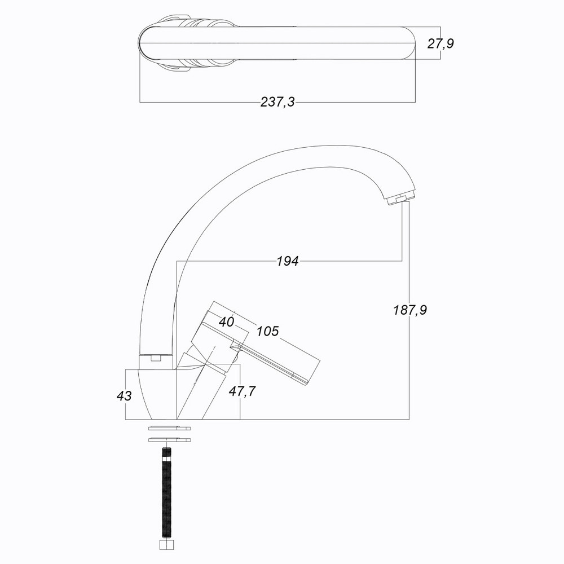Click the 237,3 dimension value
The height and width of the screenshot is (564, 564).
pyautogui.click(x=277, y=102)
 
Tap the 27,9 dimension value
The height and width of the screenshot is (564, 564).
pyautogui.click(x=440, y=43)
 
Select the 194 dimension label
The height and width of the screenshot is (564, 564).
pyautogui.click(x=288, y=261)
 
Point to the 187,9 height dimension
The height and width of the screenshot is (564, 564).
pyautogui.click(x=409, y=310)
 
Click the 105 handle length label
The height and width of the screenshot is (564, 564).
pyautogui.click(x=267, y=331)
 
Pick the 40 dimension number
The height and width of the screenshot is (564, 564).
pyautogui.click(x=226, y=321)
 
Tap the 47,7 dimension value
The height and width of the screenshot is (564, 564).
pyautogui.click(x=242, y=391)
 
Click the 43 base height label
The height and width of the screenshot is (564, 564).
pyautogui.click(x=124, y=396)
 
